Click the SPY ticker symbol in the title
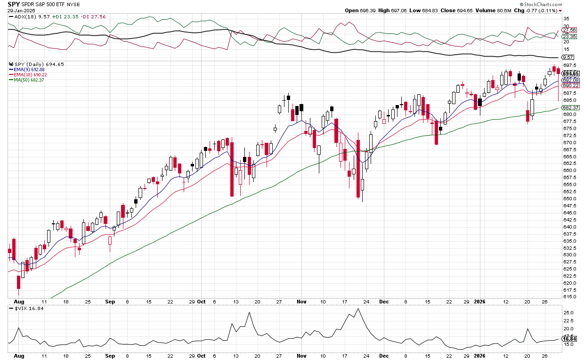tap(13, 4)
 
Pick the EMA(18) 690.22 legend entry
tap(31, 75)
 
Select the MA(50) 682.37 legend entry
tap(30, 80)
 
